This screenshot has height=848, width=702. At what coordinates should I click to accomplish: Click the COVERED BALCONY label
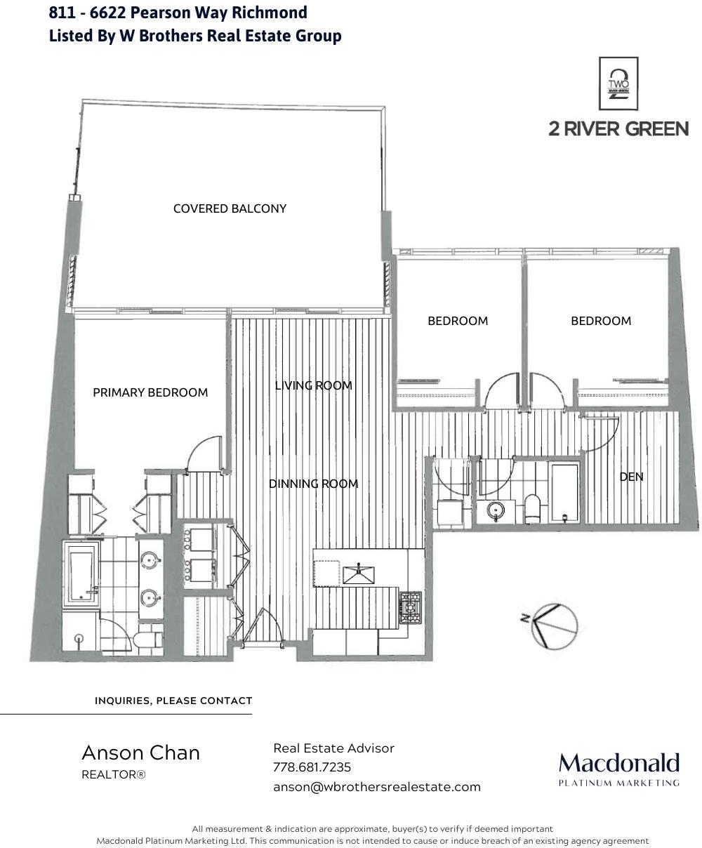230,208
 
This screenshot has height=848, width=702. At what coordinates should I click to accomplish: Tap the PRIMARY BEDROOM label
150,392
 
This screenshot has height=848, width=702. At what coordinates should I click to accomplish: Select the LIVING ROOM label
313,385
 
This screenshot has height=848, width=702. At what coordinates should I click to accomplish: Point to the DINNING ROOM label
313,484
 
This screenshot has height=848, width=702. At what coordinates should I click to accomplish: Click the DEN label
631,477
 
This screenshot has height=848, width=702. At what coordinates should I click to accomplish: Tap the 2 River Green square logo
618,84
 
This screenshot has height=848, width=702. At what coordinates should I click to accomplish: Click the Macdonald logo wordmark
618,763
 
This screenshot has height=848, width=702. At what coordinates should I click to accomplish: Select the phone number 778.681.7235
312,767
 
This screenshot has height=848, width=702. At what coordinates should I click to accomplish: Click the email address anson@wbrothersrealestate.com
376,787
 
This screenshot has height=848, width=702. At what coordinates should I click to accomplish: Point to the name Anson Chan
140,753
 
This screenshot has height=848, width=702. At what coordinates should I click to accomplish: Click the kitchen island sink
358,574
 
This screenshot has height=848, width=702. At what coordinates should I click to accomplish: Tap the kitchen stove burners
410,608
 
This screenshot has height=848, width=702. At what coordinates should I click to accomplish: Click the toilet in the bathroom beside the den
532,508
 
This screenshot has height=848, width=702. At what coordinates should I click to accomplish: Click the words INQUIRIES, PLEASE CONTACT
173,701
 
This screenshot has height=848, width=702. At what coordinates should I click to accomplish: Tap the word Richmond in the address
269,13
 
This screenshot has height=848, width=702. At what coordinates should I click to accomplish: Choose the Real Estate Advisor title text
333,748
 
